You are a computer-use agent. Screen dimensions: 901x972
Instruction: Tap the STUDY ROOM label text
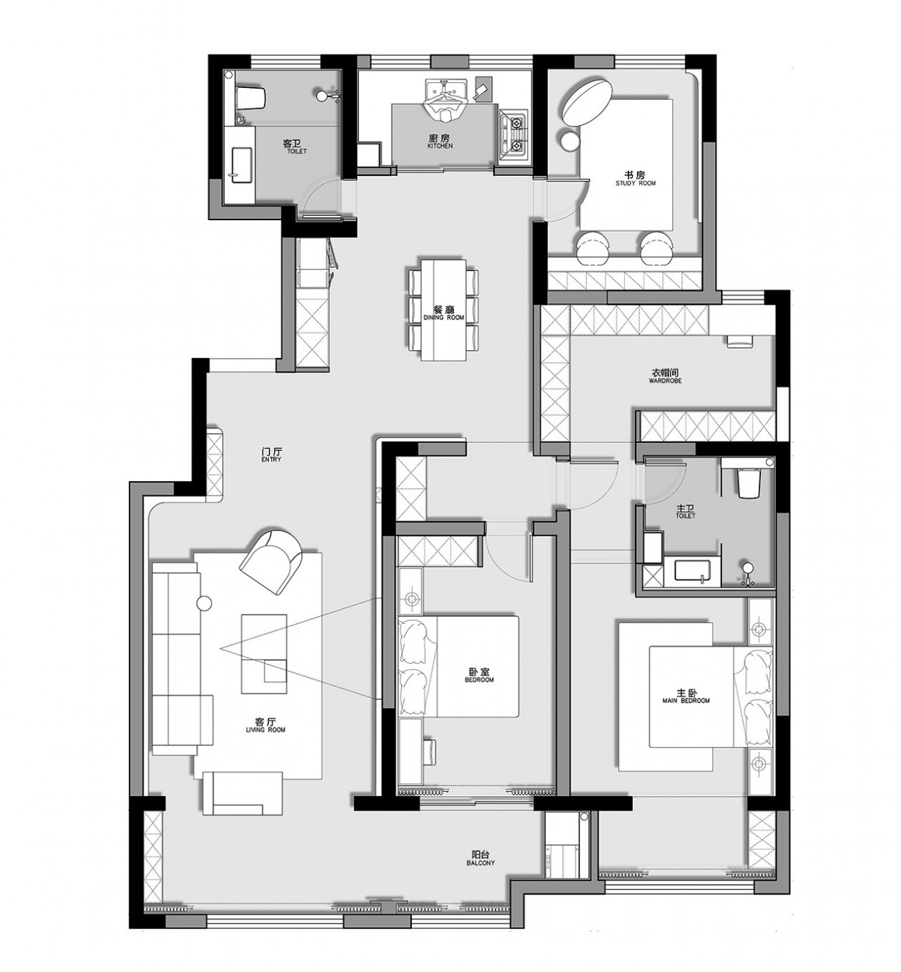pos(635,183)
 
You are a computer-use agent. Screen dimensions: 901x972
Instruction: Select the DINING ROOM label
pos(443,317)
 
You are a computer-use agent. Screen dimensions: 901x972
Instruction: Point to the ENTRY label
pos(271,460)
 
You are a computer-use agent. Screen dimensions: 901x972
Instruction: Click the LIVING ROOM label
pos(266,730)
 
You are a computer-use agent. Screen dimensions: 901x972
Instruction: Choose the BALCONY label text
pos(481,863)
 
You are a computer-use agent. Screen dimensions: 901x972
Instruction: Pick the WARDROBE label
pos(665,380)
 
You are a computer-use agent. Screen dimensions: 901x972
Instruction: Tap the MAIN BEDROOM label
pos(686,701)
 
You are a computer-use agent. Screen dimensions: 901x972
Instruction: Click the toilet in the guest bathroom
pos(251,98)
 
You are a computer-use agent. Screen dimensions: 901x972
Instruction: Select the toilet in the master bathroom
pos(748,482)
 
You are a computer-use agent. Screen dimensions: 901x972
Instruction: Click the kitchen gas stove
pos(513,132)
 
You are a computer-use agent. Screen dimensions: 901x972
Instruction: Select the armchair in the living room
pos(272,562)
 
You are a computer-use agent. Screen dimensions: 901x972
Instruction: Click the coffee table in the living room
pos(263,653)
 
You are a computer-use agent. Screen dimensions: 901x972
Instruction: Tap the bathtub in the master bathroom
pos(692,570)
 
